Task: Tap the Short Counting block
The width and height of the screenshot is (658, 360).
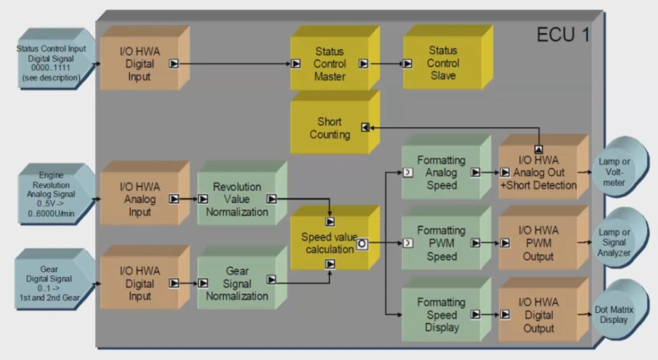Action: (x=329, y=128)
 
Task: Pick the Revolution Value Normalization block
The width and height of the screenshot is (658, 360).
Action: (x=235, y=199)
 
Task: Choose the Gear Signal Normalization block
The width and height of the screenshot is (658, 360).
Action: (x=235, y=283)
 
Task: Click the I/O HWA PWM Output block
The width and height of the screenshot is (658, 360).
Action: (x=538, y=243)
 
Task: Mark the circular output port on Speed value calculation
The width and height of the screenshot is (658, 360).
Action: (x=361, y=244)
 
